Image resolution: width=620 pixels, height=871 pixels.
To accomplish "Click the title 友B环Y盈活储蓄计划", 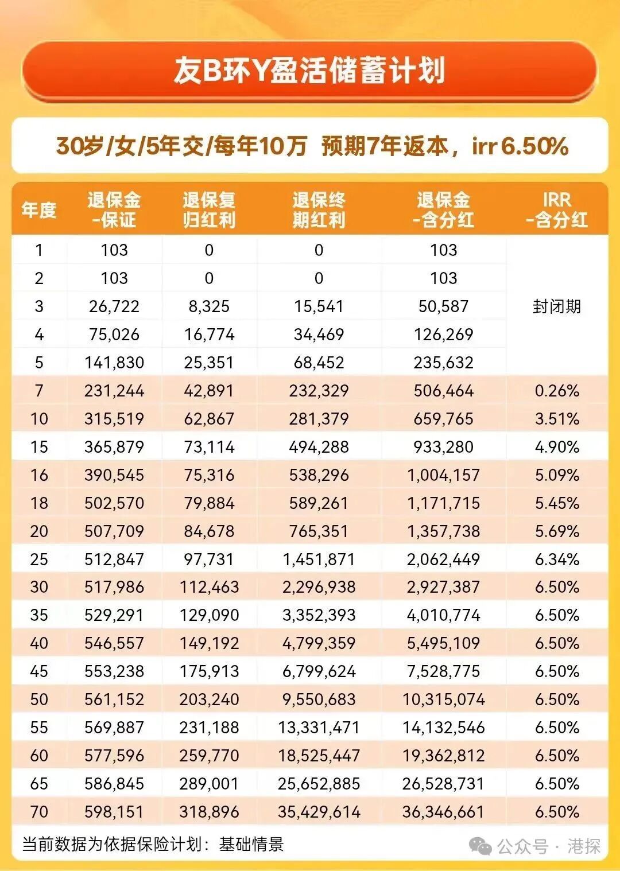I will click(x=309, y=71).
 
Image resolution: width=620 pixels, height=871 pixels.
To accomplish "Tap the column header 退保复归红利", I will click(x=209, y=210).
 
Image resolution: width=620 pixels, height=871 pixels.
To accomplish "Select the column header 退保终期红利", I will click(x=319, y=210).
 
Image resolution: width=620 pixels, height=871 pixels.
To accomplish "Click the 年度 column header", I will click(x=39, y=210).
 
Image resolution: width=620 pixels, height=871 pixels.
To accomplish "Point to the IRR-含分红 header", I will click(x=556, y=210).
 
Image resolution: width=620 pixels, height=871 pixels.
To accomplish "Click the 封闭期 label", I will click(x=556, y=306).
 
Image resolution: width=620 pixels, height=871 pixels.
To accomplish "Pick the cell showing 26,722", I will click(x=114, y=306).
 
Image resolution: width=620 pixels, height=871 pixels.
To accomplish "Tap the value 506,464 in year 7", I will click(x=443, y=391).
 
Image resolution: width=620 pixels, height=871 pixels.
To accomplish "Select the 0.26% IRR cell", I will click(x=556, y=391).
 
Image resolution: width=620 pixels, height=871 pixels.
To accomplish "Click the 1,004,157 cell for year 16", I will click(x=443, y=475).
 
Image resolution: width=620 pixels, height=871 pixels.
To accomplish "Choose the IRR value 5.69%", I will click(x=556, y=531).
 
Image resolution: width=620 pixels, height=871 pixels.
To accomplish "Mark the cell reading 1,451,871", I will click(x=319, y=559).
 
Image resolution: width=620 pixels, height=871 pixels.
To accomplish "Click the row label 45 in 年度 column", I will click(x=39, y=671).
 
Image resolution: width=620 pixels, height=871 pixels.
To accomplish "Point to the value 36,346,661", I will click(x=443, y=812).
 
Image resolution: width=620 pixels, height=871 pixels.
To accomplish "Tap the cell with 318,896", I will click(x=209, y=812).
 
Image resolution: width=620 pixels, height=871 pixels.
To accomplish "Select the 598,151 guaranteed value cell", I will click(x=114, y=812).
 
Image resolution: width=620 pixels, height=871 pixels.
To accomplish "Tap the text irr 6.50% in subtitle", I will click(x=520, y=146).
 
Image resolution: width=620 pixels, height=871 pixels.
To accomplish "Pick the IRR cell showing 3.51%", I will click(x=556, y=419).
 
